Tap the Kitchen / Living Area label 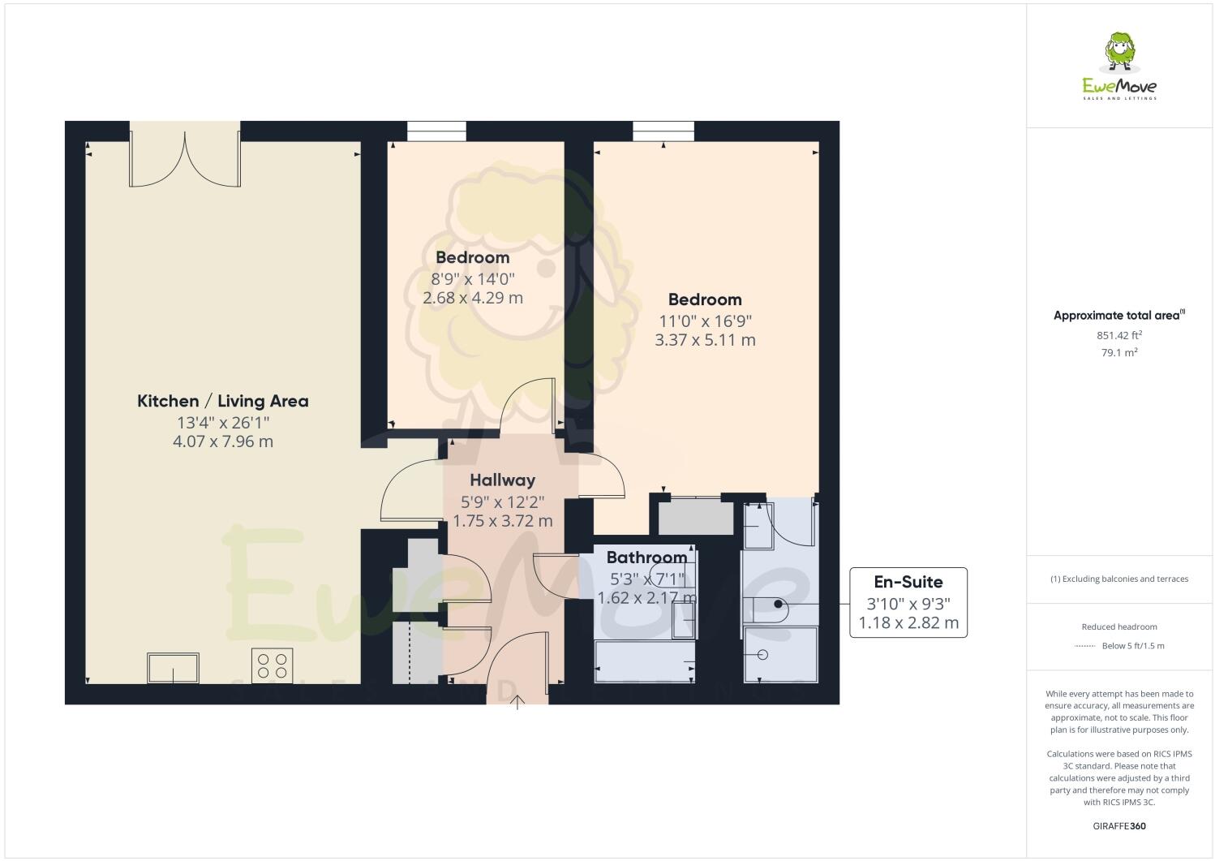tap(222, 401)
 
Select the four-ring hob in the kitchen tap(272, 665)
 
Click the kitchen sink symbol tap(173, 668)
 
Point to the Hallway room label tap(502, 480)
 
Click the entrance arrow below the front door tap(517, 703)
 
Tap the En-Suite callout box tap(908, 602)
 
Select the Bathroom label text tap(646, 557)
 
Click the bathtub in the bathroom tap(645, 662)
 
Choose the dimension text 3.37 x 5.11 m tap(705, 340)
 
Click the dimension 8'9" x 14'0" tap(473, 278)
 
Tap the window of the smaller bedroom tap(436, 131)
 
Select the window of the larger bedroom tap(663, 131)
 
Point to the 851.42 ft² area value tap(1119, 334)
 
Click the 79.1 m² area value tap(1119, 352)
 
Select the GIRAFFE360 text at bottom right tap(1119, 826)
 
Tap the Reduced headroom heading tap(1119, 626)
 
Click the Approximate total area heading tap(1118, 316)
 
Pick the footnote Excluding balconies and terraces tap(1119, 579)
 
